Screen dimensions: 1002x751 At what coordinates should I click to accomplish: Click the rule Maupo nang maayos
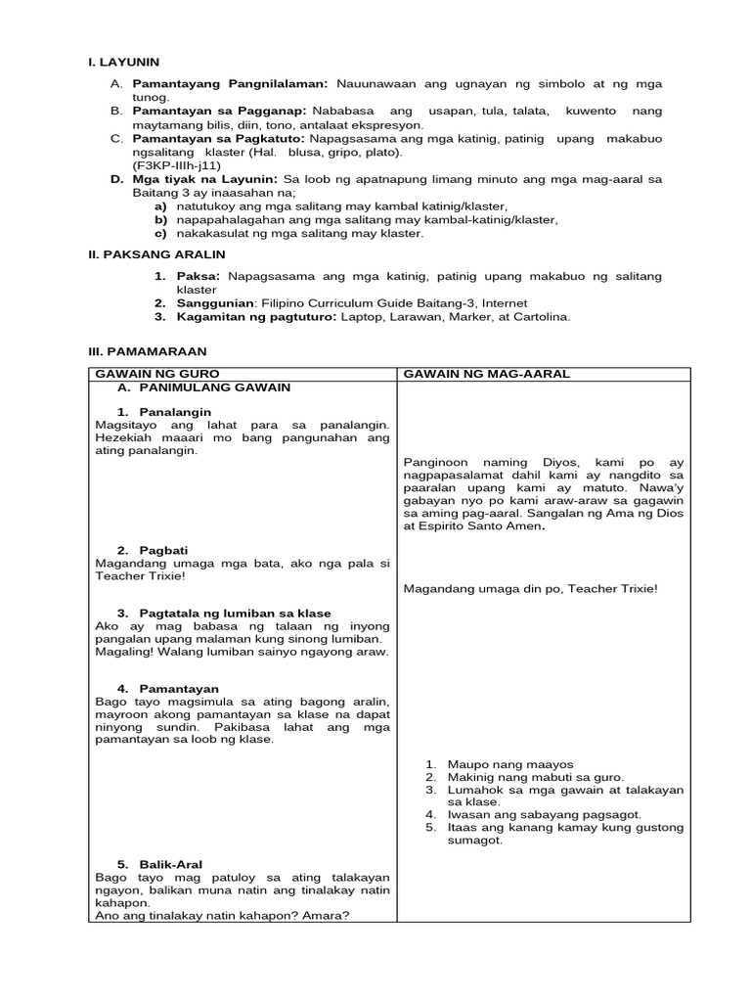point(509,764)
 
